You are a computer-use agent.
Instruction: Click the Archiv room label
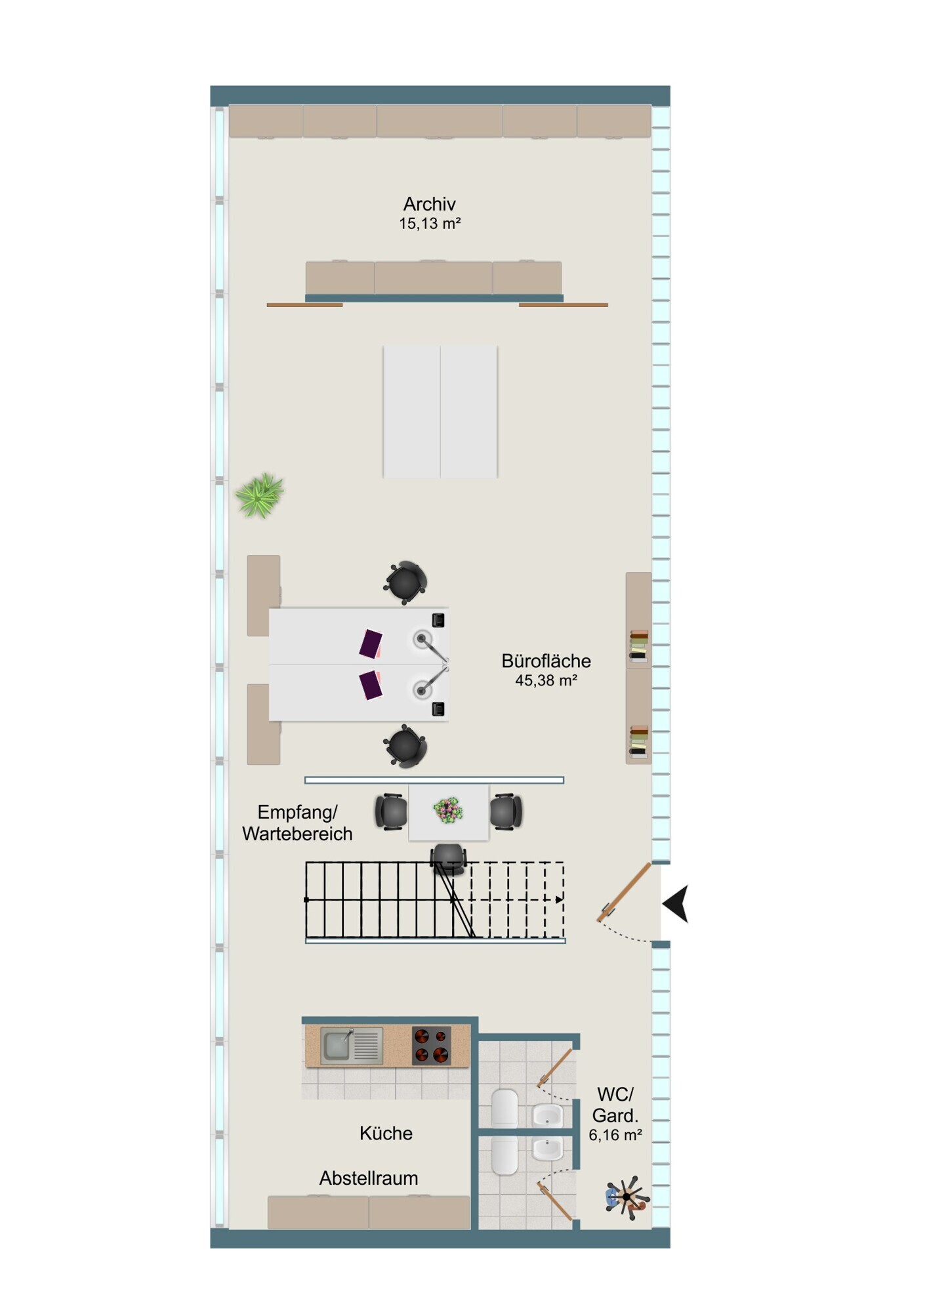pos(429,204)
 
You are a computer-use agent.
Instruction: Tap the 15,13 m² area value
pos(430,224)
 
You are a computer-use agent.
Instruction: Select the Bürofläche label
pos(546,661)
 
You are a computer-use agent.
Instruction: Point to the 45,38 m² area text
pos(546,680)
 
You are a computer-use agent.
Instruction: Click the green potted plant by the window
pos(260,495)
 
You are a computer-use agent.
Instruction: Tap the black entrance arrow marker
pos(676,904)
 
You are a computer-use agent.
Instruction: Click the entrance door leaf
pos(624,892)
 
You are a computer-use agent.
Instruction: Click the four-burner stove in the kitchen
pos(431,1046)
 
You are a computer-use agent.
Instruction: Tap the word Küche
pos(386,1133)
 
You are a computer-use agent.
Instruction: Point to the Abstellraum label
pos(368,1178)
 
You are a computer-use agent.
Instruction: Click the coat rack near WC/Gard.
pos(627,1197)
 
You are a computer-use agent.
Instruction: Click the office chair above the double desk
pos(405,582)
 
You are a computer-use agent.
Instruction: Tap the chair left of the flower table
pos(391,812)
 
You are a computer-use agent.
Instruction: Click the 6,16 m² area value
pos(615,1136)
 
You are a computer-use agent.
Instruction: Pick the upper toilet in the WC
pos(505,1109)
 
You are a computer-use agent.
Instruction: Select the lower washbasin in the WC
pos(547,1149)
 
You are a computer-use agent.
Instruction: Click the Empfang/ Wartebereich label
pos(297,823)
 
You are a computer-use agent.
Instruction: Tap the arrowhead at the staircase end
pos(559,899)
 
